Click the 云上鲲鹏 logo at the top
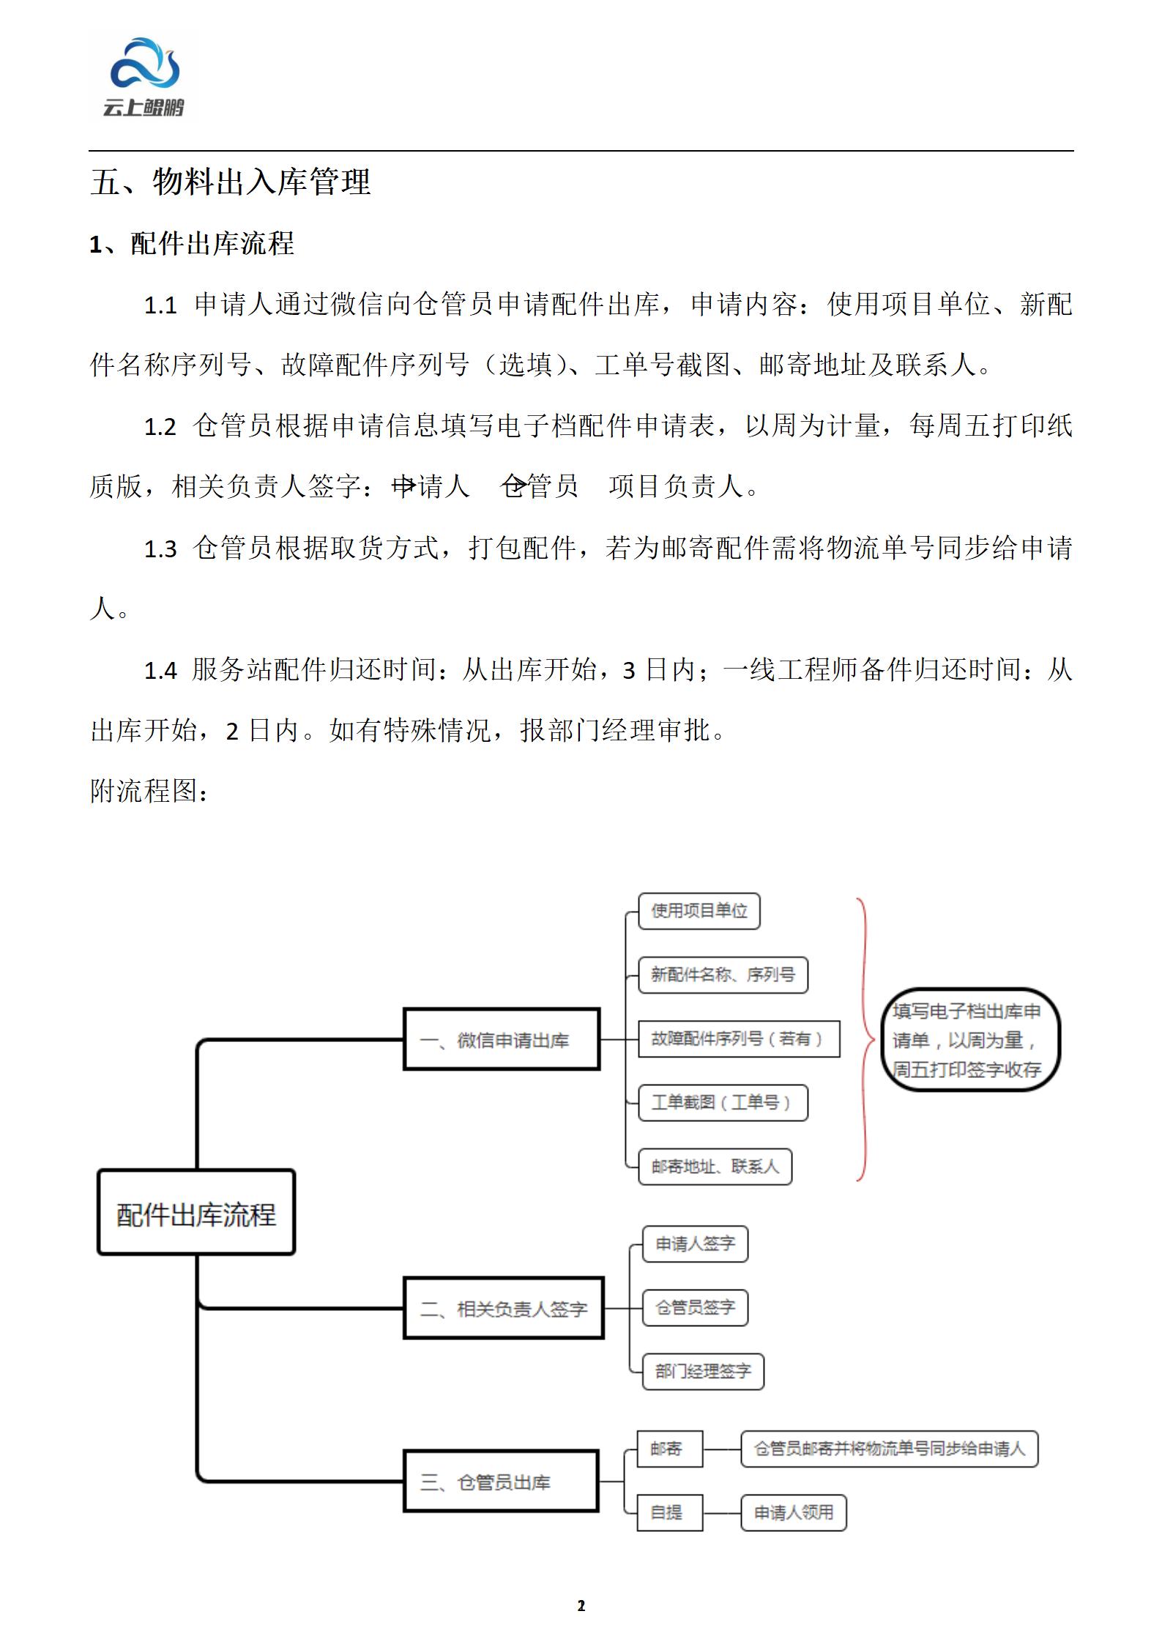click(144, 78)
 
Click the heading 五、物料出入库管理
click(230, 182)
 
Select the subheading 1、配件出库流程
click(191, 244)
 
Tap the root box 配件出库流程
click(196, 1212)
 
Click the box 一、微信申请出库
click(502, 1039)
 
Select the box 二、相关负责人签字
click(504, 1309)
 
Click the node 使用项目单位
click(699, 911)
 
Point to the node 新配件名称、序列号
click(723, 975)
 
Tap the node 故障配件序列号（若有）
click(738, 1038)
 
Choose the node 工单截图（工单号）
click(723, 1102)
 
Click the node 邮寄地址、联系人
click(715, 1167)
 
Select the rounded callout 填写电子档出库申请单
click(969, 1040)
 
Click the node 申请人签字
click(695, 1244)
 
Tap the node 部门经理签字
click(703, 1372)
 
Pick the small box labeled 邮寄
click(669, 1448)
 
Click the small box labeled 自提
click(669, 1512)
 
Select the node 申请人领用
click(794, 1512)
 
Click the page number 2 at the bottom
click(581, 1606)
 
